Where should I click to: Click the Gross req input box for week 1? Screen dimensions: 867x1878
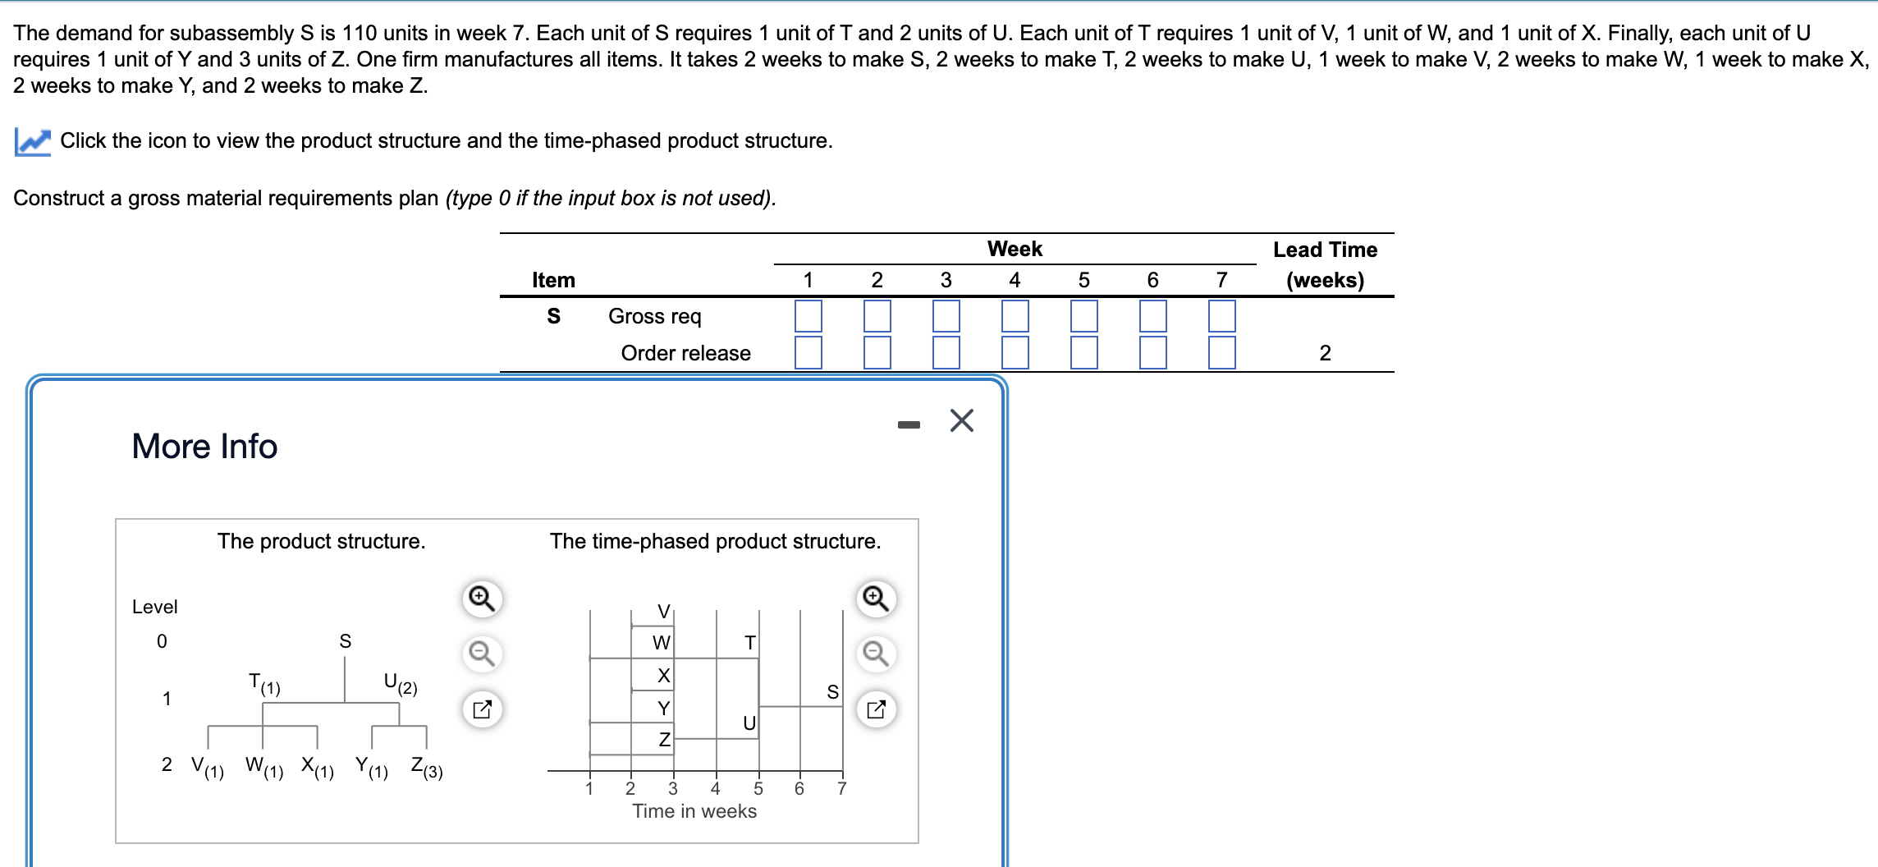tap(808, 316)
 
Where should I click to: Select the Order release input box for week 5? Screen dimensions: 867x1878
tap(1083, 352)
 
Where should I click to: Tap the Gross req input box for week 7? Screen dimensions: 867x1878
tap(1221, 316)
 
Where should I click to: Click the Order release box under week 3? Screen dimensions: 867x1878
tap(946, 352)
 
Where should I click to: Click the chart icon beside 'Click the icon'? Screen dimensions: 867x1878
tap(33, 141)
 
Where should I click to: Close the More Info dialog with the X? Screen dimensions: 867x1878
tap(961, 420)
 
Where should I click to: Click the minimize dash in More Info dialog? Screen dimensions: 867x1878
tap(909, 424)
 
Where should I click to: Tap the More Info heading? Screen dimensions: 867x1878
tap(204, 446)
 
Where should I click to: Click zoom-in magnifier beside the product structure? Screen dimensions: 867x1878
tap(482, 599)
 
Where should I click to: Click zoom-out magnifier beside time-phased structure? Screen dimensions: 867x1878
tap(876, 654)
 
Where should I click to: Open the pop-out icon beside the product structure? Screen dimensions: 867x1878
tap(482, 709)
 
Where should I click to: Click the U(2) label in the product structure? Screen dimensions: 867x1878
tap(400, 683)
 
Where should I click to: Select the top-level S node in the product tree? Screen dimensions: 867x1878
tap(345, 641)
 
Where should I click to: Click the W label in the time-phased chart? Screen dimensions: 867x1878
tap(661, 643)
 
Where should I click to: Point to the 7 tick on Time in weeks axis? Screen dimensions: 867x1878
tap(841, 788)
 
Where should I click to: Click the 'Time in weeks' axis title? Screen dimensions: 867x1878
tap(694, 811)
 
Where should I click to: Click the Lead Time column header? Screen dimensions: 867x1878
tap(1325, 264)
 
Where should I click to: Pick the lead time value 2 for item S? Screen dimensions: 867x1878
tap(1325, 353)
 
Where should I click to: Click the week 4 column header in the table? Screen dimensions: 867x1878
tap(1015, 280)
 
